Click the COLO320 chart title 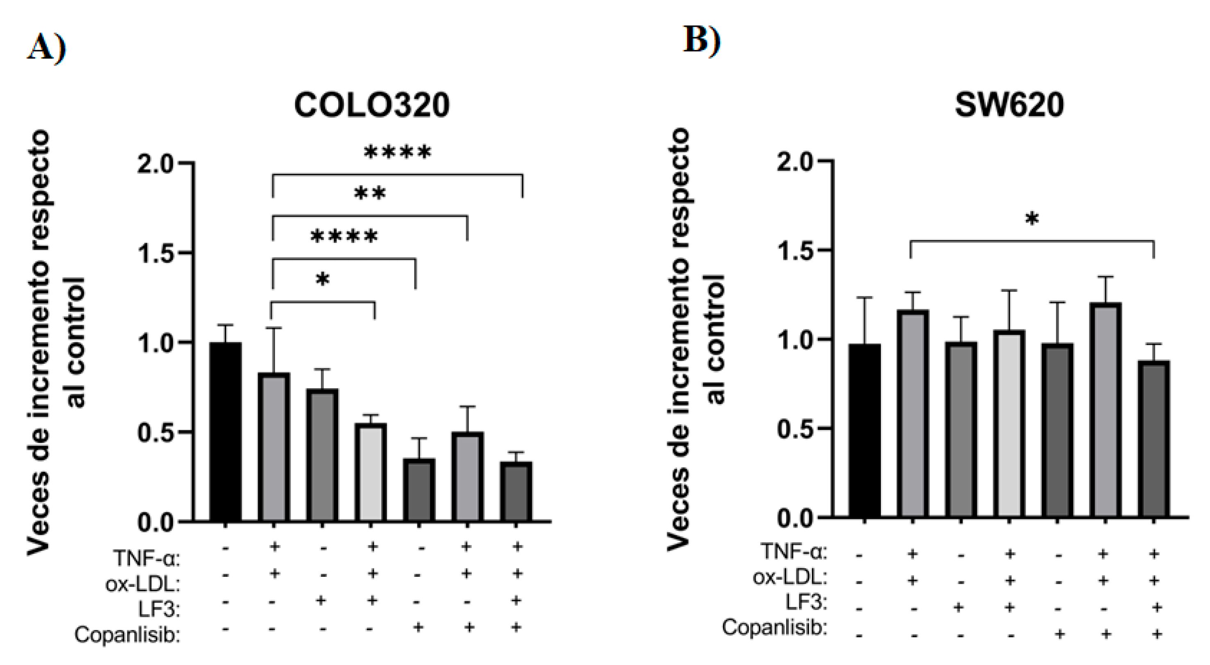coord(371,105)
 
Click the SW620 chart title coord(1009,105)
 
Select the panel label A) coord(46,48)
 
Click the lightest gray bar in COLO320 coord(371,472)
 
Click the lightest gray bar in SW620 coord(1009,424)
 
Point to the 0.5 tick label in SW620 coord(795,429)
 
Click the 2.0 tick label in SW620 coord(795,162)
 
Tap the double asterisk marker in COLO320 coord(370,194)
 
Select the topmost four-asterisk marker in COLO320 coord(397,152)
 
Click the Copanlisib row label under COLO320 coord(127,635)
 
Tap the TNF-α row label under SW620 coord(794,551)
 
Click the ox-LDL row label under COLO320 coord(142,584)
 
